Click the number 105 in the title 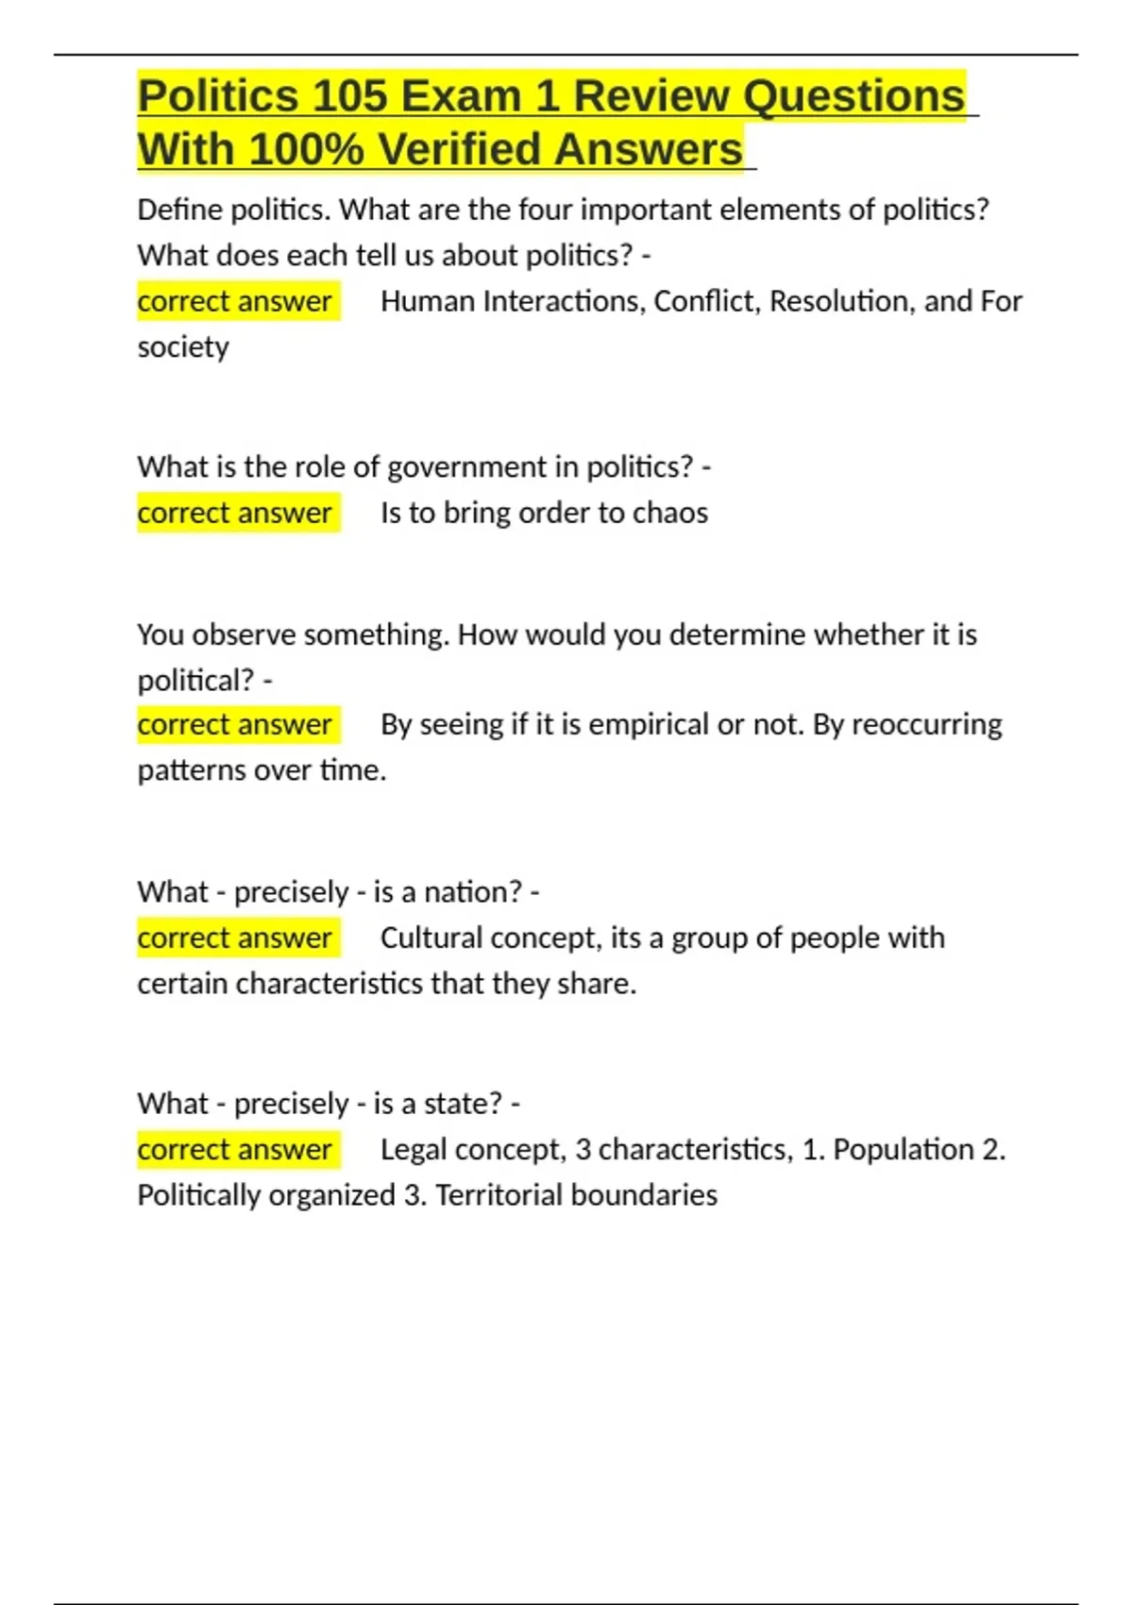point(349,96)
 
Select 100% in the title point(307,149)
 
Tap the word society point(183,347)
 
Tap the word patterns point(192,770)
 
